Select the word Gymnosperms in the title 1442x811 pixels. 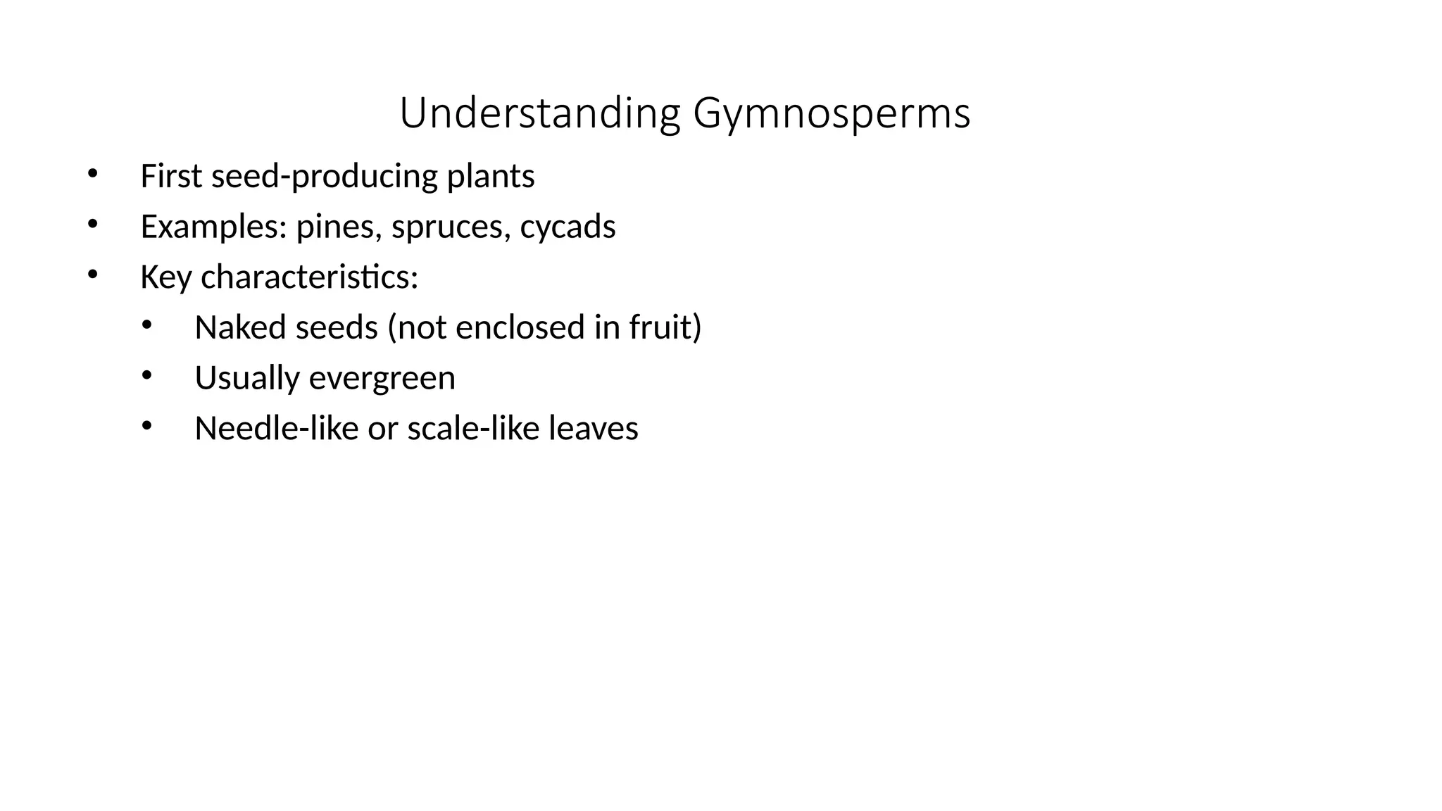(832, 113)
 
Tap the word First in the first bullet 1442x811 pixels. (171, 176)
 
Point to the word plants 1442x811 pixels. (491, 176)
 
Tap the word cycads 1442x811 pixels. (568, 227)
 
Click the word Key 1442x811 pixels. (165, 277)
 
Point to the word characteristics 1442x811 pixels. (309, 277)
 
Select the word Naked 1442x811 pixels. (240, 328)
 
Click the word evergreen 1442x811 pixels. (382, 378)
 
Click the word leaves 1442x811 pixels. (593, 429)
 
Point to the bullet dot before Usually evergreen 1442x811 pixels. (146, 375)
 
